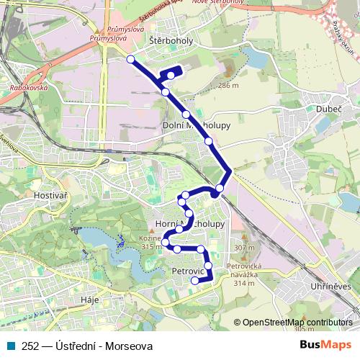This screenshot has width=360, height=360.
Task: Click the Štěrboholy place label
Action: (172, 41)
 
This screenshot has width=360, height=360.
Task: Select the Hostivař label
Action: (50, 195)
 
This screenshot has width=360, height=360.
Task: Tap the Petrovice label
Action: (189, 271)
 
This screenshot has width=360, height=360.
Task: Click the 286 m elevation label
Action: (228, 86)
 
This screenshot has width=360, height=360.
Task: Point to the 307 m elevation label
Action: (245, 248)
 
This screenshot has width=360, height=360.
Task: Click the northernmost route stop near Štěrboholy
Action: (130, 59)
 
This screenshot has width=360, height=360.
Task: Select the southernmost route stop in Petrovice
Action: (194, 280)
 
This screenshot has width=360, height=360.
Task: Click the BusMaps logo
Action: (323, 345)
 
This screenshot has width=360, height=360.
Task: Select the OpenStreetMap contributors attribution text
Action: (297, 323)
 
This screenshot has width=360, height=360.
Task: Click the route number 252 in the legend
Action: (30, 346)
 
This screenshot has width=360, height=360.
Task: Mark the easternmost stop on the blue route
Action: (220, 188)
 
